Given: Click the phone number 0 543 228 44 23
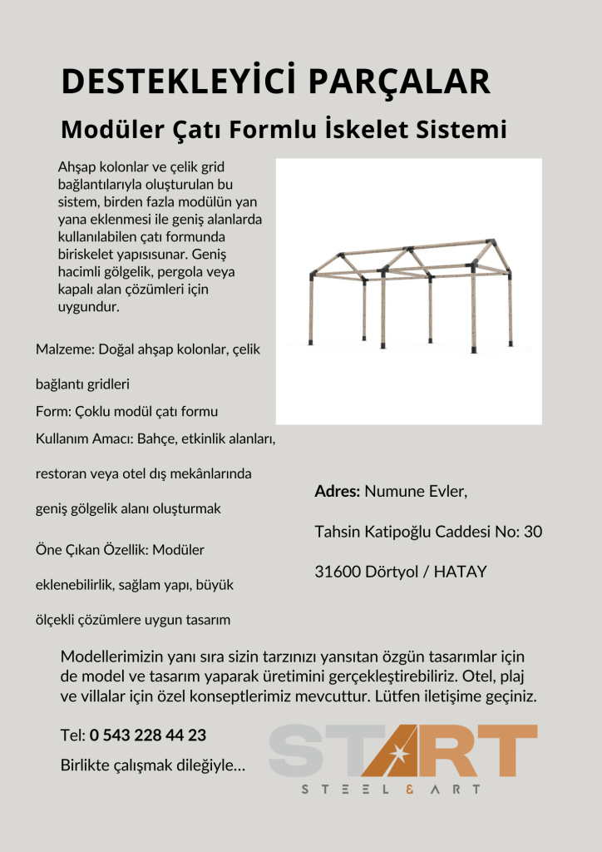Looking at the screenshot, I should (148, 736).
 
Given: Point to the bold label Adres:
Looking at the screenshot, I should (338, 492).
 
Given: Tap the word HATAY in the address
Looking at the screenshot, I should (461, 572).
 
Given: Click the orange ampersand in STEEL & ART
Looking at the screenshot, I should (407, 789).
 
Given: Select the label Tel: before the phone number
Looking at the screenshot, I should (73, 736).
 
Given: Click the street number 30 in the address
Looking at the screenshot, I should (534, 532).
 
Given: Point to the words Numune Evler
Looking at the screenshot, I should (416, 492).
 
